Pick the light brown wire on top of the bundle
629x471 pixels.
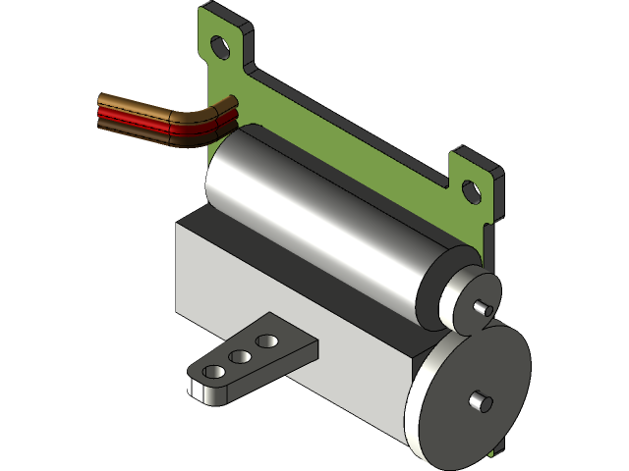[x=138, y=102]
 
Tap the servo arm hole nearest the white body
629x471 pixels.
[x=264, y=341]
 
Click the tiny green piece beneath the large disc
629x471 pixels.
[x=501, y=451]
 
